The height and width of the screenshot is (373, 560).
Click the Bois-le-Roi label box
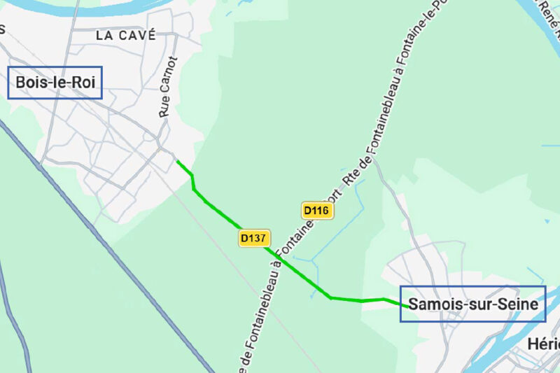pos(55,83)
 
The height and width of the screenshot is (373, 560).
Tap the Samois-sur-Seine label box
pos(472,304)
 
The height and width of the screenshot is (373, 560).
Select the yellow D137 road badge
pos(253,238)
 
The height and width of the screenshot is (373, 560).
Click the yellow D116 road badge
pos(316,210)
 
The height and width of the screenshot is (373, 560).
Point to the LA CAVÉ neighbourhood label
pos(126,36)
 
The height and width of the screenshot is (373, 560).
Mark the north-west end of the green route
pos(177,162)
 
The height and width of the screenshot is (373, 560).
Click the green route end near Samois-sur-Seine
pos(407,306)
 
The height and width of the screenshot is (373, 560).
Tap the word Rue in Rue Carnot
pos(165,110)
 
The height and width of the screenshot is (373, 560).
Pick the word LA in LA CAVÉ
pos(104,36)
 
